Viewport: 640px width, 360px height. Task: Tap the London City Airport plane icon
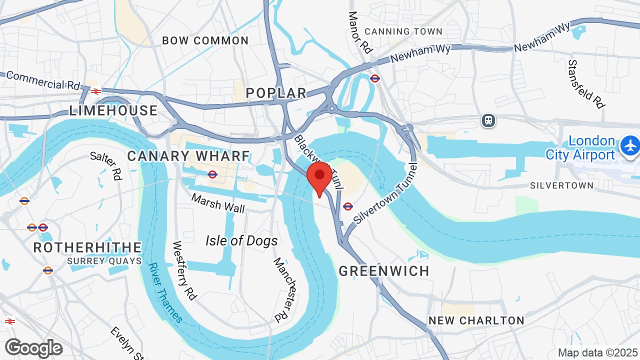pyautogui.click(x=630, y=146)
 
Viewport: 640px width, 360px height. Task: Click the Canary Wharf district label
pyautogui.click(x=188, y=156)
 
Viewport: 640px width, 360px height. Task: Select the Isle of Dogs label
pyautogui.click(x=241, y=241)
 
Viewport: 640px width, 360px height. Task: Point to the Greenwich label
pyautogui.click(x=384, y=271)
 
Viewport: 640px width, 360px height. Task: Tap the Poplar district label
pyautogui.click(x=276, y=93)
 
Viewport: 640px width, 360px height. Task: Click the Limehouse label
pyautogui.click(x=113, y=110)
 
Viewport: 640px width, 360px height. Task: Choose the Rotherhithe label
pyautogui.click(x=87, y=247)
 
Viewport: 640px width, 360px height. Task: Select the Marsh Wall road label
pyautogui.click(x=218, y=203)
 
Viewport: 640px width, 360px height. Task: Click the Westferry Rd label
pyautogui.click(x=184, y=270)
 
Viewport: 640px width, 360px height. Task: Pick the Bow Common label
pyautogui.click(x=205, y=41)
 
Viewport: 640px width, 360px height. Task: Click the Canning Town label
pyautogui.click(x=403, y=31)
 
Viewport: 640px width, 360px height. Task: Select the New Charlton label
pyautogui.click(x=476, y=320)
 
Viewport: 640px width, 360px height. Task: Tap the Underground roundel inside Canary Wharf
pyautogui.click(x=212, y=174)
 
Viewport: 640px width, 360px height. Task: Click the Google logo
pyautogui.click(x=33, y=348)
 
